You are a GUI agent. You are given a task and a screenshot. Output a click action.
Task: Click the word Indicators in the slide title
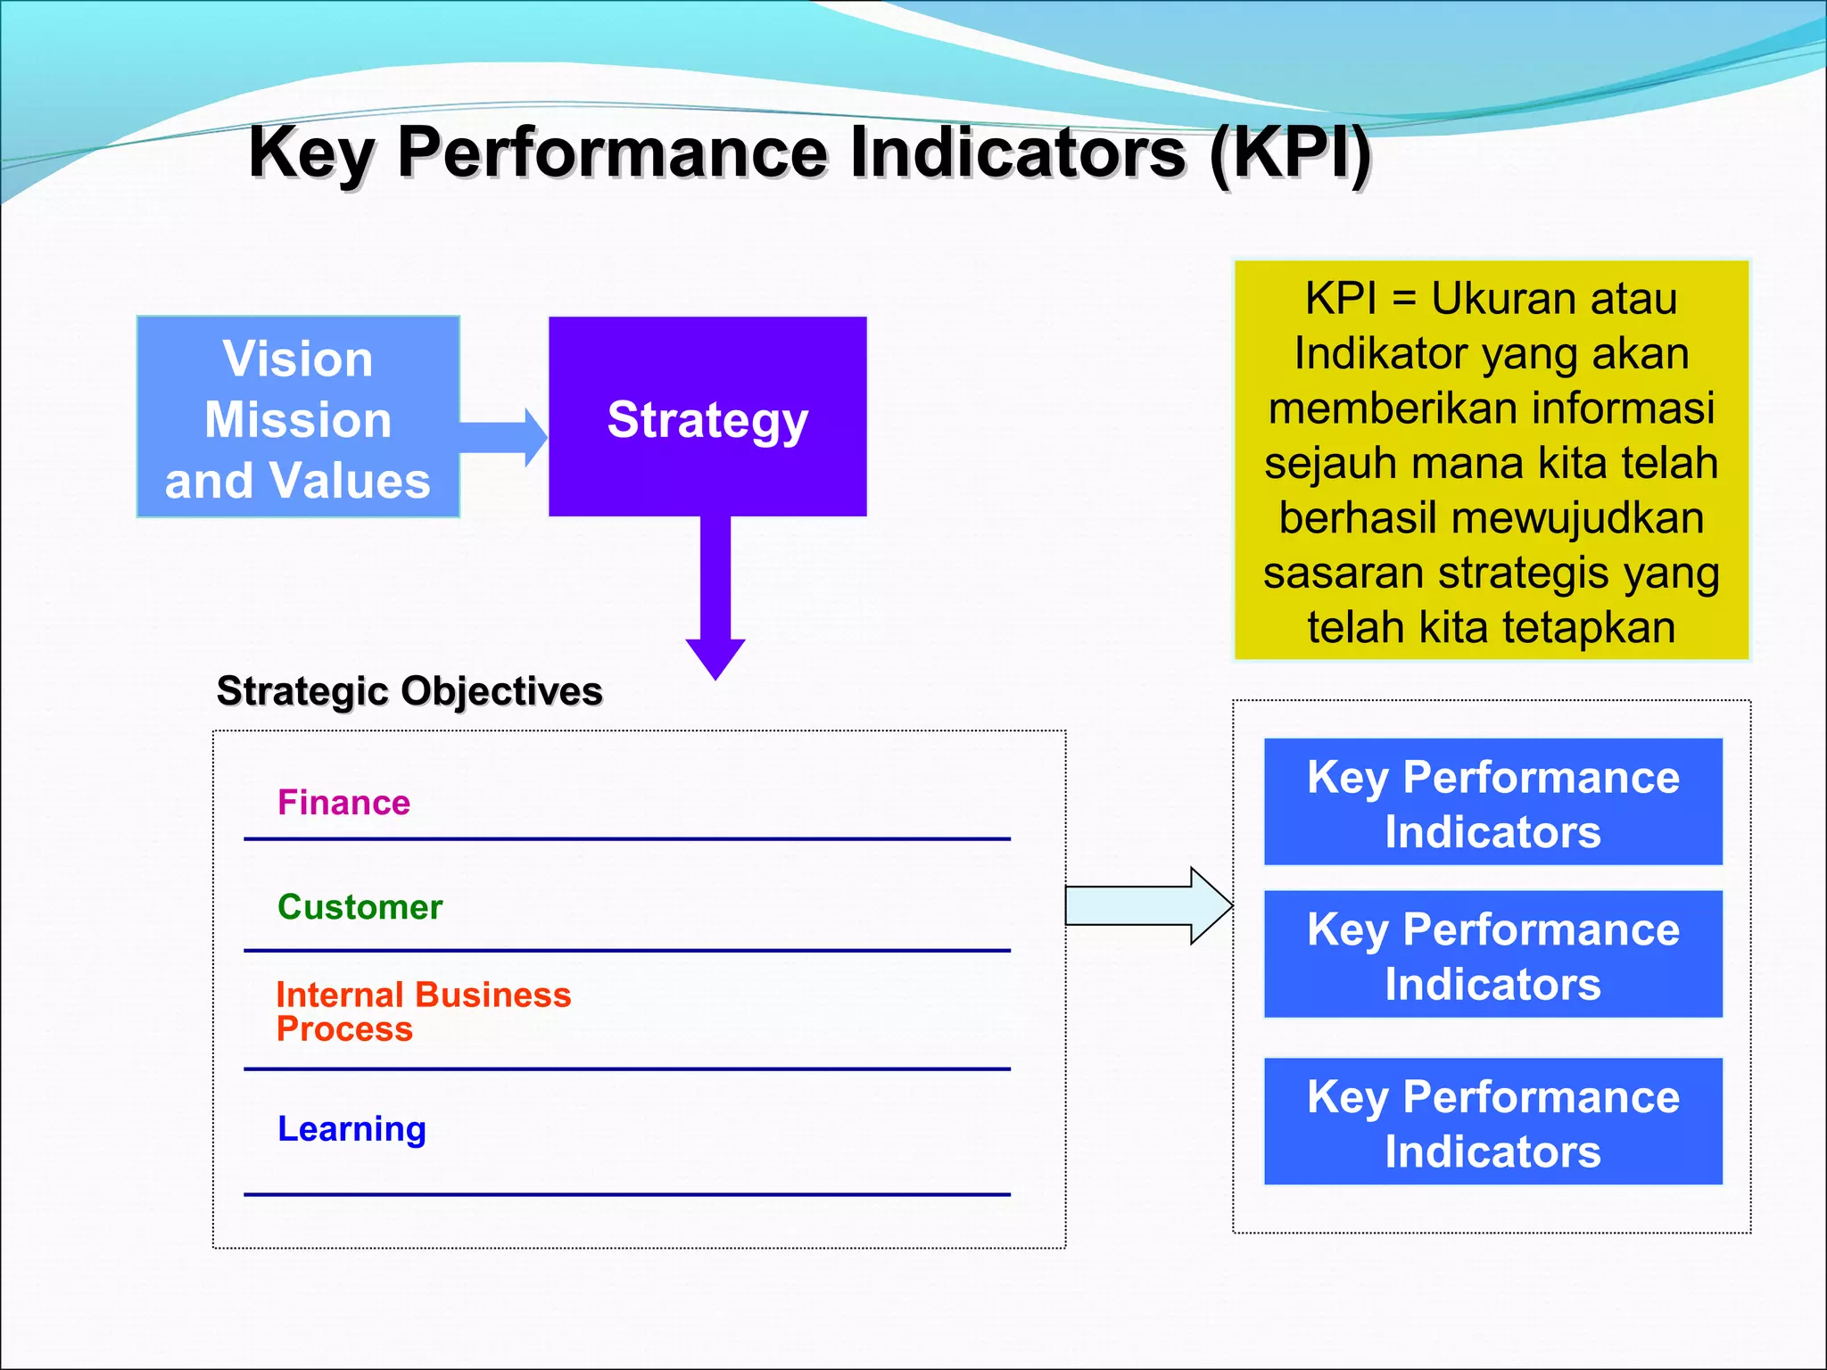pyautogui.click(x=1017, y=153)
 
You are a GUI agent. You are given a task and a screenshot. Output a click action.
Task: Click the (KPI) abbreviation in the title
pyautogui.click(x=1290, y=153)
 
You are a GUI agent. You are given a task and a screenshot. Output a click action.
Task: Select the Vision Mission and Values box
pyautogui.click(x=298, y=417)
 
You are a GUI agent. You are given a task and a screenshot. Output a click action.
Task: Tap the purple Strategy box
pyautogui.click(x=707, y=417)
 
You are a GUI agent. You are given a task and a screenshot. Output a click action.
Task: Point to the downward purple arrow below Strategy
pyautogui.click(x=715, y=598)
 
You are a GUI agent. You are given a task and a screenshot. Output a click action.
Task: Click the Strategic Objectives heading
pyautogui.click(x=409, y=691)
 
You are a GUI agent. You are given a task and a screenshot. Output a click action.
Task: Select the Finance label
pyautogui.click(x=343, y=803)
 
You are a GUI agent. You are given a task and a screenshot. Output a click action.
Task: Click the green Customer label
pyautogui.click(x=360, y=907)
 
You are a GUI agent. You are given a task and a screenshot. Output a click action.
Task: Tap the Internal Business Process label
pyautogui.click(x=423, y=1011)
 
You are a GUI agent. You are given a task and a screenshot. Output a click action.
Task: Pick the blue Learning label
pyautogui.click(x=351, y=1129)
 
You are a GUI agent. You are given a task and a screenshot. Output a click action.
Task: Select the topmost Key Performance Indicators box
pyautogui.click(x=1492, y=803)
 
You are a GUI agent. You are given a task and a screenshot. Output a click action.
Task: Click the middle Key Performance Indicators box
pyautogui.click(x=1492, y=954)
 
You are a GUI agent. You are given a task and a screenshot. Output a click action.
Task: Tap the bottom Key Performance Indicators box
pyautogui.click(x=1492, y=1122)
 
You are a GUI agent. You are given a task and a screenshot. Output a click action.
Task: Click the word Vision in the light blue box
pyautogui.click(x=298, y=359)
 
